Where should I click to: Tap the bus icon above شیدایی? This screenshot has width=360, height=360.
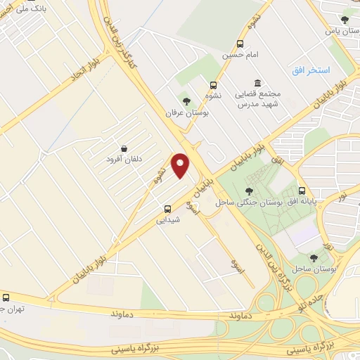tap(167, 208)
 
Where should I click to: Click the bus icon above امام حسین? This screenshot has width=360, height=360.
tap(241, 43)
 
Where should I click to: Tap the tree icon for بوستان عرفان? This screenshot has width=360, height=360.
tap(186, 101)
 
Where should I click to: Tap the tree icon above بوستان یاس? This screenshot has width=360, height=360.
tap(344, 20)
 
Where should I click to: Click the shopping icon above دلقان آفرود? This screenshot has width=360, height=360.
tap(124, 148)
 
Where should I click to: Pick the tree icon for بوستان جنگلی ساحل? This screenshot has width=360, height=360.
tap(249, 191)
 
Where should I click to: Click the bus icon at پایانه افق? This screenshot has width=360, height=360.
tap(302, 191)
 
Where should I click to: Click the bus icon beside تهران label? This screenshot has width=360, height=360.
tap(6, 297)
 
